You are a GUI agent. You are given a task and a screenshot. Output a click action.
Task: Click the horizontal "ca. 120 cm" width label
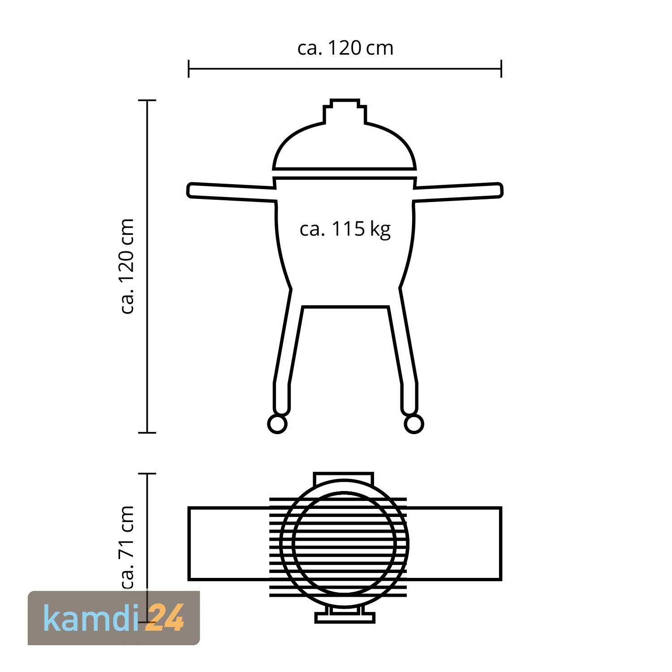click(x=345, y=48)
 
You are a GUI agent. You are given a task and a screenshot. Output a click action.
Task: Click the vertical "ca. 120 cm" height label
click(x=128, y=267)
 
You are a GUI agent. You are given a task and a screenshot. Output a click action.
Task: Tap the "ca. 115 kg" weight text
click(x=345, y=229)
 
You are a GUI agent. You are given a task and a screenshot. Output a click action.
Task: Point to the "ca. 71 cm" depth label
click(x=128, y=547)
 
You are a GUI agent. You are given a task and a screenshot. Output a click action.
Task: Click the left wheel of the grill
click(x=277, y=424)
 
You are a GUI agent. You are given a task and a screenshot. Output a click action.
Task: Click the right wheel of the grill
click(x=414, y=424)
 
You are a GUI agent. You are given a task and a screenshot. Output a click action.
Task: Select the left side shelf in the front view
click(x=231, y=192)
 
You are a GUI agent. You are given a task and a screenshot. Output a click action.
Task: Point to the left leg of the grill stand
click(x=287, y=349)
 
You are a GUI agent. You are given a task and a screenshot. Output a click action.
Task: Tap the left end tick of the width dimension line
click(x=189, y=69)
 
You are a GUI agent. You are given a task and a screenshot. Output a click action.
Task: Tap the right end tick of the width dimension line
click(x=501, y=69)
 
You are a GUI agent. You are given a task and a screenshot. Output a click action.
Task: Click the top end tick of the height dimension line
click(x=147, y=100)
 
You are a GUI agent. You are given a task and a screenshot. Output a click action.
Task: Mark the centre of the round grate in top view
click(x=345, y=543)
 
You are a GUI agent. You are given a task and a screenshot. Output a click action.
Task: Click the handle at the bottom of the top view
click(x=345, y=618)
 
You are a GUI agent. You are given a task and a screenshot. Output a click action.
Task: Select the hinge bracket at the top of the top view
click(x=344, y=478)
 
